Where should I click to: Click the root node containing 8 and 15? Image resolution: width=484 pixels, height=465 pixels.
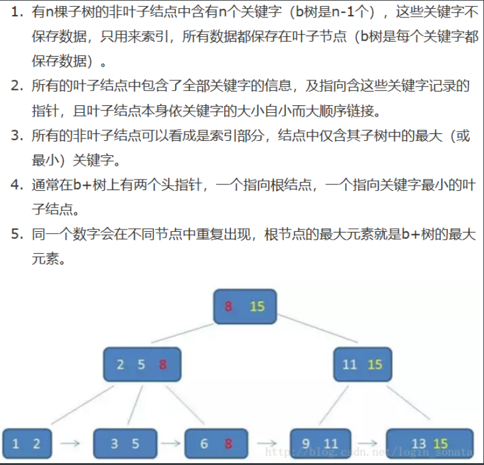(x=245, y=306)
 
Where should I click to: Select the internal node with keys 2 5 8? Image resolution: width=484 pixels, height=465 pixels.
(x=142, y=364)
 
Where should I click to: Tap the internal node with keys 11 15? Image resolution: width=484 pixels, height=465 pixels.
(x=363, y=364)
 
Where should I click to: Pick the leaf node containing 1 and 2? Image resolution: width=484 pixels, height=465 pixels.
(x=27, y=443)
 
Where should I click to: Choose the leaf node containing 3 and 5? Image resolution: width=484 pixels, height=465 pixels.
(x=125, y=443)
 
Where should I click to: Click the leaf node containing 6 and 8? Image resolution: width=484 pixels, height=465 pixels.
(x=216, y=443)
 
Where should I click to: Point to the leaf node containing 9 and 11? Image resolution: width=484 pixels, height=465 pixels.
(x=321, y=443)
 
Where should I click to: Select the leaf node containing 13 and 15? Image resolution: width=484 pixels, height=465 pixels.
(x=430, y=443)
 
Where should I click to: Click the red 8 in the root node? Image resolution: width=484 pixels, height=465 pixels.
(x=228, y=306)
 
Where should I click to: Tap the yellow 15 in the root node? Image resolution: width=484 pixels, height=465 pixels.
(x=257, y=306)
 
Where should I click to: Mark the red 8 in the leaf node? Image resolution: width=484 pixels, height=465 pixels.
(x=229, y=444)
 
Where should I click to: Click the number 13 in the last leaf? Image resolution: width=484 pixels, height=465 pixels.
(x=419, y=444)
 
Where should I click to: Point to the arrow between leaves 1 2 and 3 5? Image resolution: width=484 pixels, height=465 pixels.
(x=70, y=443)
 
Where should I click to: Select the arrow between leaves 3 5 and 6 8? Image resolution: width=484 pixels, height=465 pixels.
(x=171, y=443)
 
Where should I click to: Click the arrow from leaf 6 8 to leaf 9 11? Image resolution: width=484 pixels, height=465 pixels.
(x=267, y=443)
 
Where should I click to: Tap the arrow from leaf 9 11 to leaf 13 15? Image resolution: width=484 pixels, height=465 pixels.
(x=368, y=443)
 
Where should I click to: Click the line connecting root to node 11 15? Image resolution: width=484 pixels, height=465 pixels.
(x=317, y=328)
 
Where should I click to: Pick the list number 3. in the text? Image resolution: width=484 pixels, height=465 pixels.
(x=17, y=136)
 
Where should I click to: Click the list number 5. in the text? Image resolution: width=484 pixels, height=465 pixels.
(x=17, y=234)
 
